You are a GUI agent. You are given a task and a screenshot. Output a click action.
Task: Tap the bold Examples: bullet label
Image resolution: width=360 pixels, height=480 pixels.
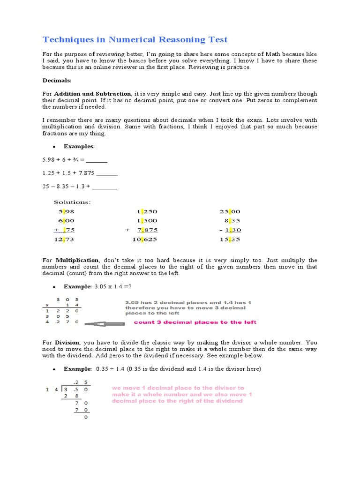79,147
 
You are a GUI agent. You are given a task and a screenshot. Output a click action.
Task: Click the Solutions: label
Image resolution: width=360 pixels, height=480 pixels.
72,202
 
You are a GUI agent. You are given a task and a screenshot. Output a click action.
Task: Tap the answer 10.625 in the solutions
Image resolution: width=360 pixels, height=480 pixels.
145,240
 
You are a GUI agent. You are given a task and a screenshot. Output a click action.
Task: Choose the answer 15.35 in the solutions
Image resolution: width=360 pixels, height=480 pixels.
230,240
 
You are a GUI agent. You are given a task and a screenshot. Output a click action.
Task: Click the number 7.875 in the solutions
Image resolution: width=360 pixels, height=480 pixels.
148,230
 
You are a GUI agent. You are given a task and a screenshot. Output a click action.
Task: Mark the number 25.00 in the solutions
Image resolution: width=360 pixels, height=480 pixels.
230,211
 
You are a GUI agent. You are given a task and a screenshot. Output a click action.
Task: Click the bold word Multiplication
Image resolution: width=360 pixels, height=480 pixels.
77,260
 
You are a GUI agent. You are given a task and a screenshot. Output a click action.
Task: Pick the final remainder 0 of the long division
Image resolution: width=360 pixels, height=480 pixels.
86,417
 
